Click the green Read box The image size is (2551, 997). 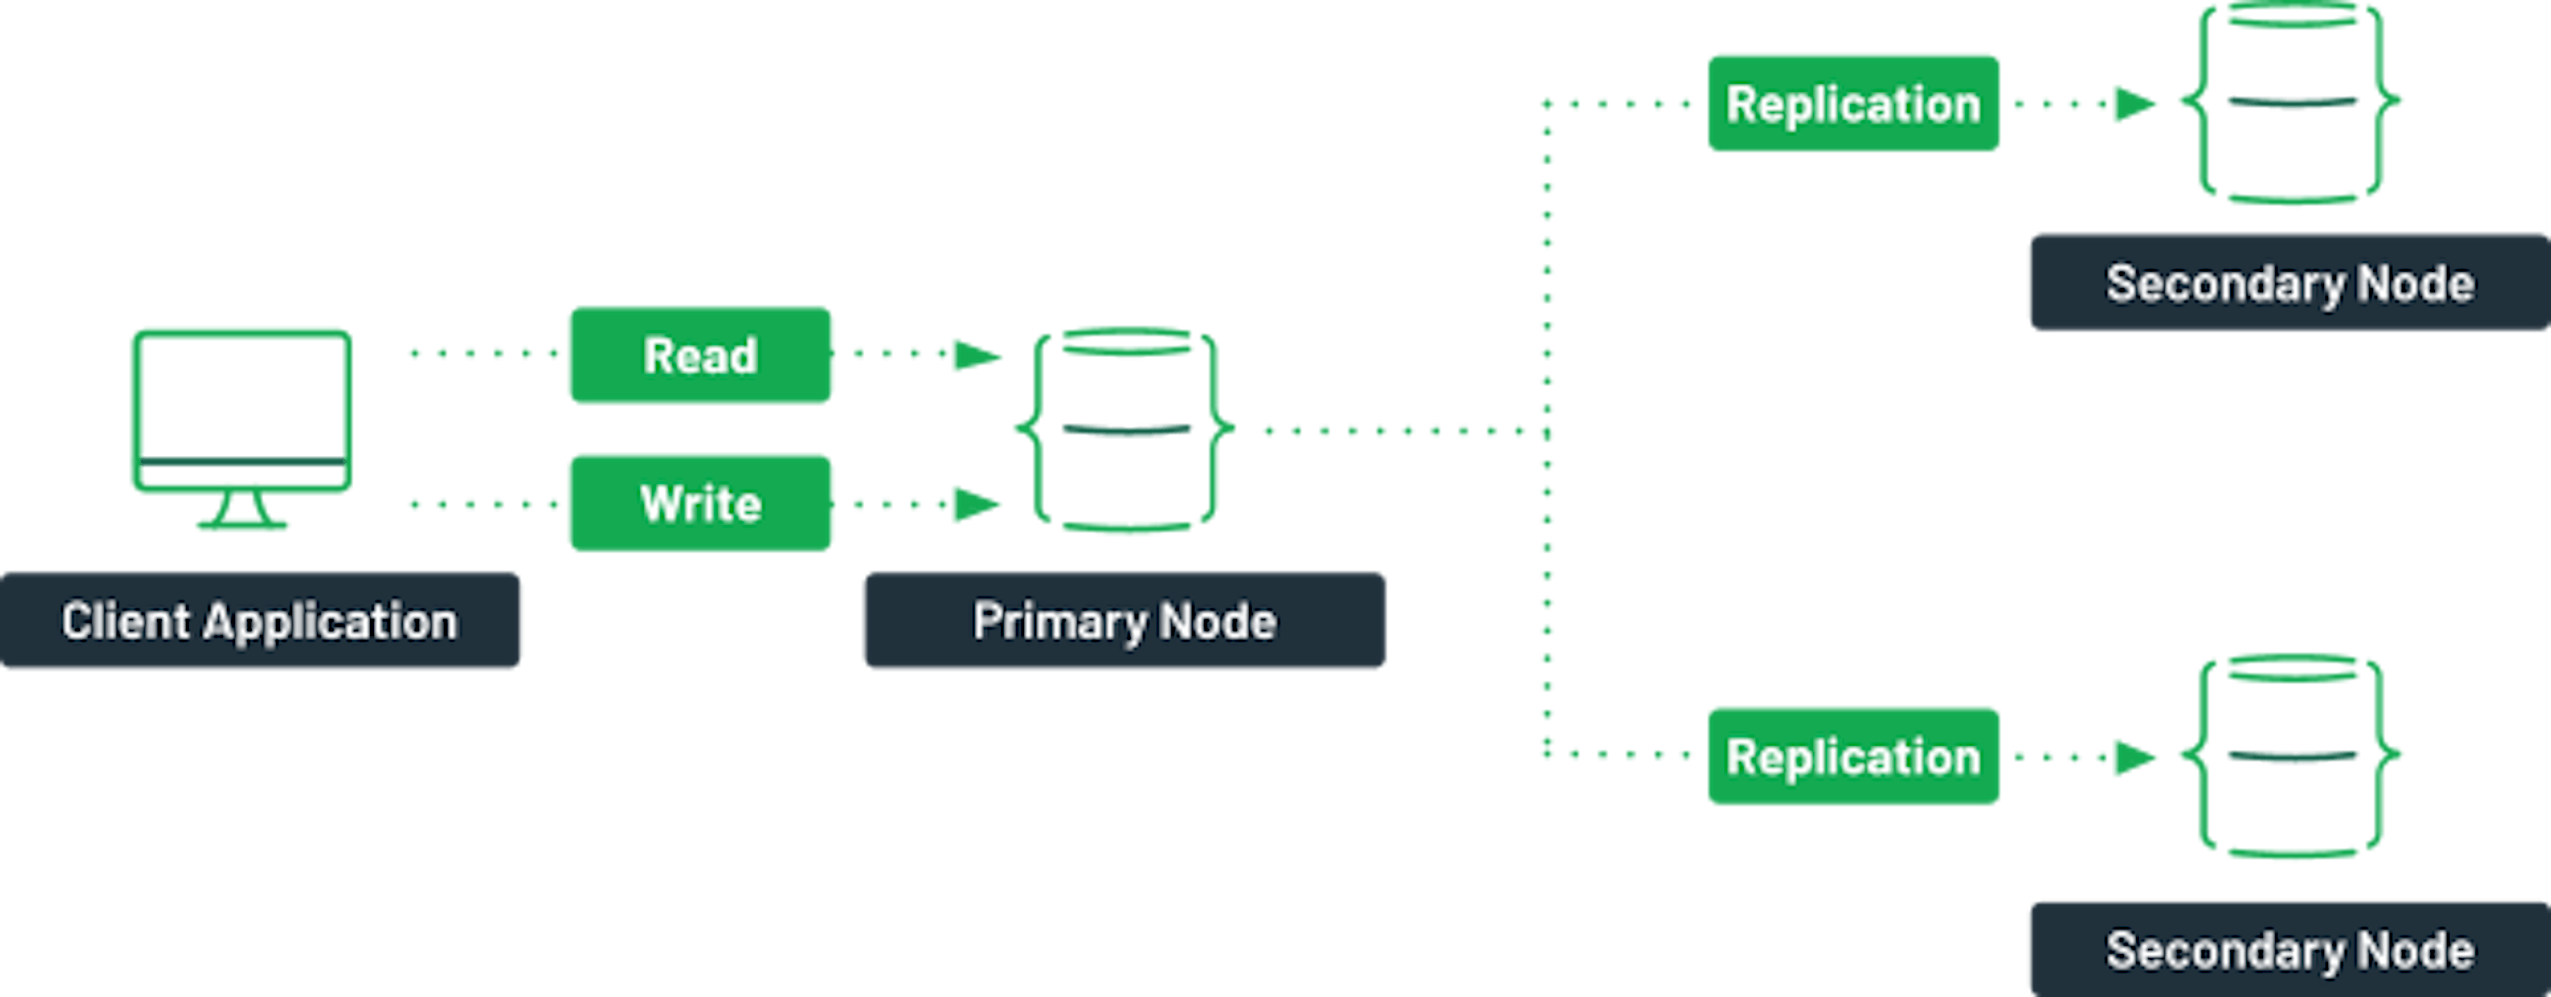click(x=700, y=355)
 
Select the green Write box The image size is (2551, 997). click(x=700, y=503)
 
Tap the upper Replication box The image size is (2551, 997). click(x=1853, y=103)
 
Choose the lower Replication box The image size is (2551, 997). click(x=1853, y=756)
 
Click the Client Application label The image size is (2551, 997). click(x=260, y=621)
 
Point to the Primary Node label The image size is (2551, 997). click(x=1124, y=621)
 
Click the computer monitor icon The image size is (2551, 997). click(x=242, y=411)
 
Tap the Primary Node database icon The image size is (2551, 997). click(x=1126, y=431)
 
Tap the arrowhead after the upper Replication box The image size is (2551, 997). click(x=2134, y=103)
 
